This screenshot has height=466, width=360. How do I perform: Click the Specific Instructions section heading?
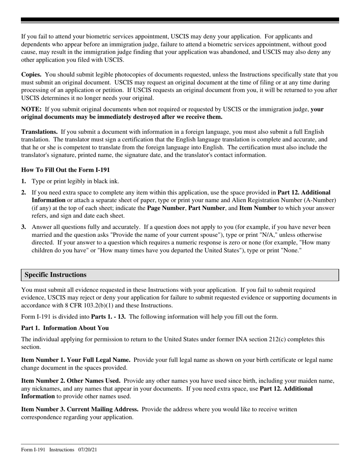click(x=55, y=275)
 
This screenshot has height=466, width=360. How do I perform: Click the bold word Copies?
click(x=31, y=75)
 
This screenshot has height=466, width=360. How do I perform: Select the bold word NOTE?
click(x=31, y=109)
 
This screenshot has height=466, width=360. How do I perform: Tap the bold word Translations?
click(x=39, y=132)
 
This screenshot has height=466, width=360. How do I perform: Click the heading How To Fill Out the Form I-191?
click(x=65, y=170)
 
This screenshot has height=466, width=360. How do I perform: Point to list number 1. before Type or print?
click(x=23, y=181)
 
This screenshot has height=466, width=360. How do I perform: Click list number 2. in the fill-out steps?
click(x=23, y=192)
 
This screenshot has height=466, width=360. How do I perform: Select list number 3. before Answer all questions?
click(x=23, y=227)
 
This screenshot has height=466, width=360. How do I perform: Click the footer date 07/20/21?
click(x=88, y=450)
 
